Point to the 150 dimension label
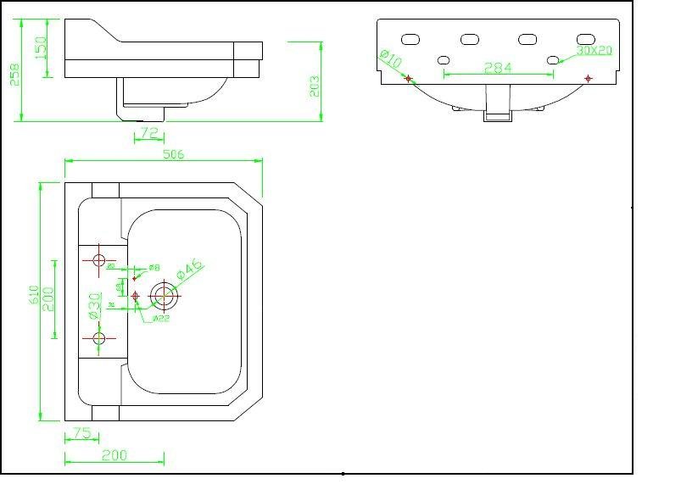click(x=41, y=48)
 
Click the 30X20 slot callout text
click(x=594, y=50)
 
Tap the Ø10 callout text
click(x=390, y=59)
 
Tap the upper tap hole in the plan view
click(x=99, y=259)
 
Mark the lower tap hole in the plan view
click(x=99, y=338)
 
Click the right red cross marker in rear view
click(x=589, y=79)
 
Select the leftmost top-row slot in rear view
click(x=410, y=40)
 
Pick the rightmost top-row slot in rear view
click(x=585, y=39)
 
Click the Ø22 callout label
click(x=163, y=319)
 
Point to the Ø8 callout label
click(x=154, y=268)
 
